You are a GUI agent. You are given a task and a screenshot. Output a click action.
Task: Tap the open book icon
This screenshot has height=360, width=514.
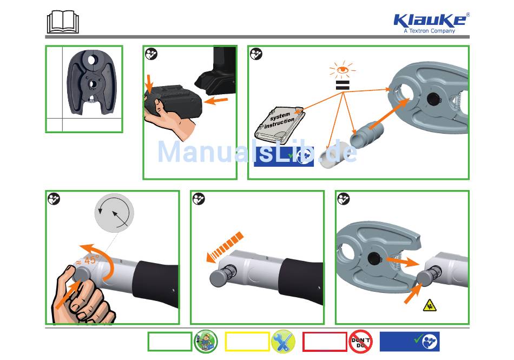click(63, 22)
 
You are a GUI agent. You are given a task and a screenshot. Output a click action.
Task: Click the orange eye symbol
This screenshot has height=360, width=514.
click(342, 69)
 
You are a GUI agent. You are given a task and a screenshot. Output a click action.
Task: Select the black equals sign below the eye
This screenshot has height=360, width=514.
click(342, 85)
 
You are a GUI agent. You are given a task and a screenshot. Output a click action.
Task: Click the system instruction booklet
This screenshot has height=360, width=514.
click(280, 125)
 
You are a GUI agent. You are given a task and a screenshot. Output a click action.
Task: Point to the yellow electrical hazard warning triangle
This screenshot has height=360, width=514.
click(430, 305)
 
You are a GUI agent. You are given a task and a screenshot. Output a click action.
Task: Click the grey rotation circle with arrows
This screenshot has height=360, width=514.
click(114, 213)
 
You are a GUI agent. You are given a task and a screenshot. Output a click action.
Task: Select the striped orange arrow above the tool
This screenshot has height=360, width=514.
click(225, 247)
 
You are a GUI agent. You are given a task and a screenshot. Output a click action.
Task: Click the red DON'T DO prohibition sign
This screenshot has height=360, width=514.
click(360, 342)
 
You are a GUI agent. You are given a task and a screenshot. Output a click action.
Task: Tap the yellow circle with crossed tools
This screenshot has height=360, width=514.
click(283, 342)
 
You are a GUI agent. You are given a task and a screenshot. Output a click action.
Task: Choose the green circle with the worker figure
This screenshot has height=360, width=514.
click(206, 342)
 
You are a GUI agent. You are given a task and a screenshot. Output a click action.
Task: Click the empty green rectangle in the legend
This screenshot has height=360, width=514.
click(170, 342)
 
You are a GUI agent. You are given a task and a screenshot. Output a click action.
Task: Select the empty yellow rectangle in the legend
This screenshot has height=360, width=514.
click(247, 342)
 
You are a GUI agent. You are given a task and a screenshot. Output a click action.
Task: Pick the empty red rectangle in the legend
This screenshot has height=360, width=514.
click(325, 342)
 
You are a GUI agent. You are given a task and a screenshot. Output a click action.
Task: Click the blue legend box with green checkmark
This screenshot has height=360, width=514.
click(410, 342)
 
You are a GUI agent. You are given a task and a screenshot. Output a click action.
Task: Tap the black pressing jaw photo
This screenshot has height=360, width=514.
click(91, 82)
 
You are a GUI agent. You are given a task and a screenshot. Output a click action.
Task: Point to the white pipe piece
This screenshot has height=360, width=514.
click(332, 155)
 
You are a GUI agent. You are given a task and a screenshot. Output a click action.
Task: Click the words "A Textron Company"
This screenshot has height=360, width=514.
click(430, 31)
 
